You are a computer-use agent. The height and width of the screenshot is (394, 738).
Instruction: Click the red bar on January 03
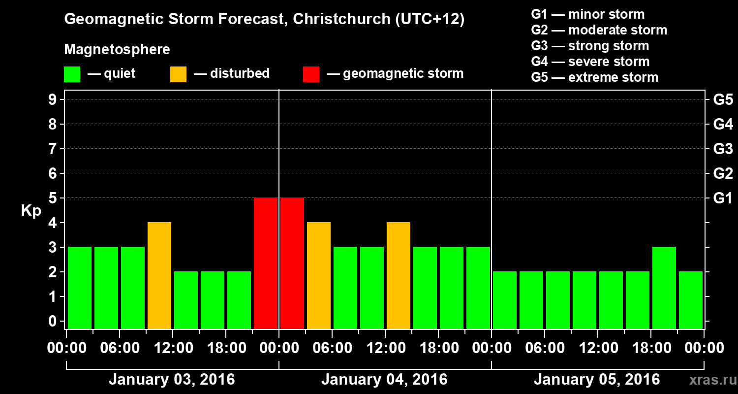click(x=266, y=263)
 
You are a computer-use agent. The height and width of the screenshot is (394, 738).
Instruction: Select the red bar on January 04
click(x=292, y=263)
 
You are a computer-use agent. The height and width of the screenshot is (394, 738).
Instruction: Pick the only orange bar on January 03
click(x=159, y=275)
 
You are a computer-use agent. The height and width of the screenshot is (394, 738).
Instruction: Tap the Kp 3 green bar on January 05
click(x=664, y=288)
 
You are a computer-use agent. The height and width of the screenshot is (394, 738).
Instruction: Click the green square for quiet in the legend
click(x=72, y=74)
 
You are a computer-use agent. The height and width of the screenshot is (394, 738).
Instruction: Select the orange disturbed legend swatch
click(x=178, y=74)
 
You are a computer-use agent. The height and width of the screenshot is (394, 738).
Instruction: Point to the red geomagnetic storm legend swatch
click(x=311, y=74)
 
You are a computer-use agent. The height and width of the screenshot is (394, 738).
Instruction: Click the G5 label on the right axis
click(x=723, y=100)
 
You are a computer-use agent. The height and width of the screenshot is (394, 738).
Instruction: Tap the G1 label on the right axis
click(x=723, y=198)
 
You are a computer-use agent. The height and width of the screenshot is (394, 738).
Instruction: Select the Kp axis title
click(x=31, y=211)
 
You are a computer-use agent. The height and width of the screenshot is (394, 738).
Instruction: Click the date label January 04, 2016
click(x=384, y=380)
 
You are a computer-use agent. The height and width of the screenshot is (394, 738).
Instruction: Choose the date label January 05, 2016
click(x=597, y=380)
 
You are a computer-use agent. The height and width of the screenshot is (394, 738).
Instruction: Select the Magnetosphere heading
click(x=117, y=50)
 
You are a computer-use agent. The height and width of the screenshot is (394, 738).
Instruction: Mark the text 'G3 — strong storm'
click(x=590, y=46)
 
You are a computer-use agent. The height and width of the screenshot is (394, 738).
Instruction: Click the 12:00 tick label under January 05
click(x=597, y=348)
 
